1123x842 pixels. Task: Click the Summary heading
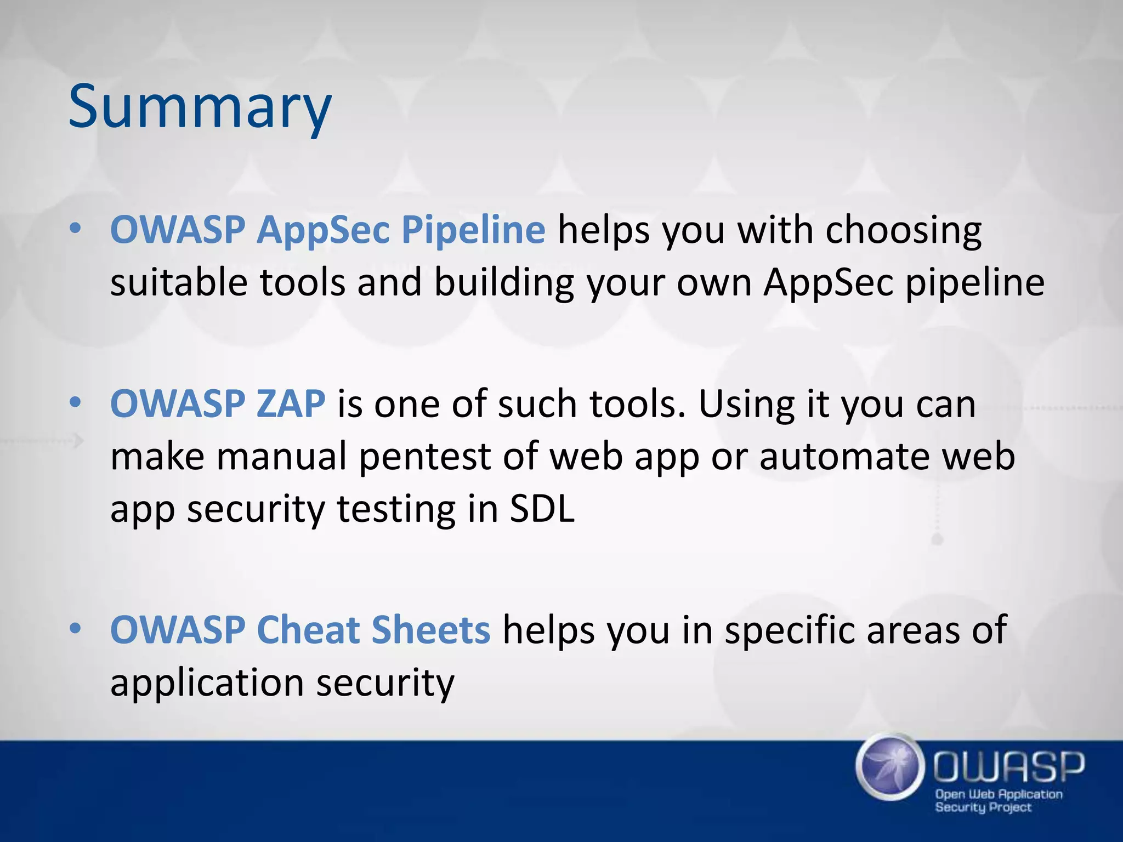point(200,107)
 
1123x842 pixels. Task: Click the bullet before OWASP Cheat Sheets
point(76,628)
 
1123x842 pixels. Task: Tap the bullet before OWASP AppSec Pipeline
point(76,229)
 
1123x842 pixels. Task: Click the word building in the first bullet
point(503,283)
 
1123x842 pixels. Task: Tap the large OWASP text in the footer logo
point(1009,767)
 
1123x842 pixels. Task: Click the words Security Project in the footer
point(983,807)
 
